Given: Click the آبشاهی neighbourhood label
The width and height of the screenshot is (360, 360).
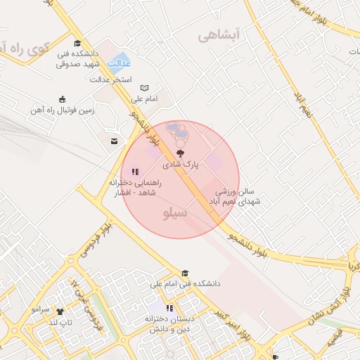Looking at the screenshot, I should point(219,34).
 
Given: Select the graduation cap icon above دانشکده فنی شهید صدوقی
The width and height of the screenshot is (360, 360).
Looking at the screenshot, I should point(77,44).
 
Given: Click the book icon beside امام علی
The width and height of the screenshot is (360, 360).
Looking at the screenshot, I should point(145,88).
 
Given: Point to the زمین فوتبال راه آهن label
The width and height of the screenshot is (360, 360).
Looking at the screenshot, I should point(62,110).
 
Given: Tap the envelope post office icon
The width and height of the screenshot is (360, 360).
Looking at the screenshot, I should point(114,141).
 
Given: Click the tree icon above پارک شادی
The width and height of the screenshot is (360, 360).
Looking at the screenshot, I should point(181,153).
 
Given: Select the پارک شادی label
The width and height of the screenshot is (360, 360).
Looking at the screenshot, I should point(181,165).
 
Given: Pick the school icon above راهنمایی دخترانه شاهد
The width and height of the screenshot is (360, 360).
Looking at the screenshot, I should point(135,171).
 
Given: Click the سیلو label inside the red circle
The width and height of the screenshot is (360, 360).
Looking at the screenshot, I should point(176,212).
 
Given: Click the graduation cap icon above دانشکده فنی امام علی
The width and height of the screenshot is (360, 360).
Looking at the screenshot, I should point(185,274).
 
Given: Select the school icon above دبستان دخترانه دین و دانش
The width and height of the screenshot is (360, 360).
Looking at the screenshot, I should point(169,308).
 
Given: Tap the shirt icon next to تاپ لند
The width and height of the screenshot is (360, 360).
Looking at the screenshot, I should point(60,311).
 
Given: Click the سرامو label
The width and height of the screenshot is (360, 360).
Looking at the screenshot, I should point(40,309).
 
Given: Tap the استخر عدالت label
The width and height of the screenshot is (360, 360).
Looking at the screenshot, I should point(111,79).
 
